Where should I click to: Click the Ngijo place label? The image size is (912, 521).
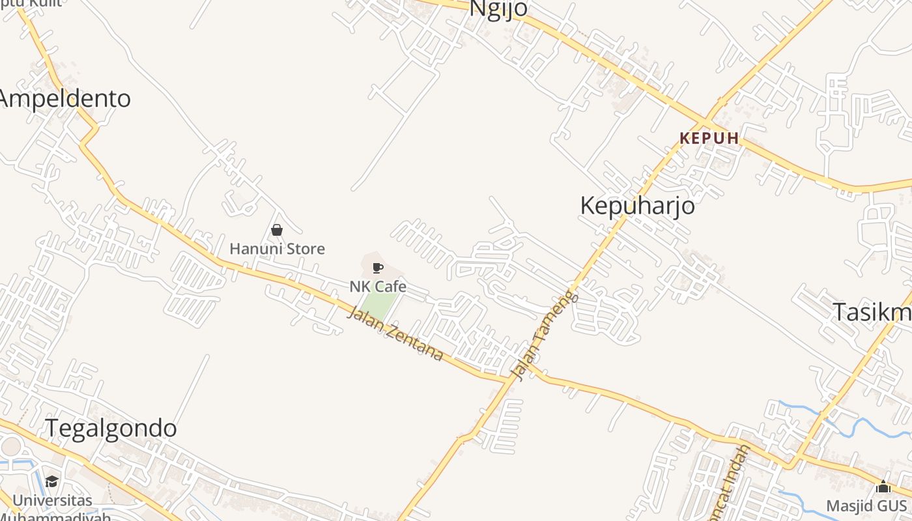(x=498, y=8)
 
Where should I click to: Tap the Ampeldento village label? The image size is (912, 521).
(x=65, y=99)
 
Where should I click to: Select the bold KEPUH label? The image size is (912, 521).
(x=709, y=138)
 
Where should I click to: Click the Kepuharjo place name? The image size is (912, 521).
(x=637, y=206)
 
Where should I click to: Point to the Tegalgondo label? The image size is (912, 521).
(x=111, y=429)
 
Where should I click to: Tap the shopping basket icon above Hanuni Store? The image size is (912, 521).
(x=277, y=230)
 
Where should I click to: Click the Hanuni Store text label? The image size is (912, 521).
(x=277, y=249)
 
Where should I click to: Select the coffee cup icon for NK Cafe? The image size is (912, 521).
(x=377, y=268)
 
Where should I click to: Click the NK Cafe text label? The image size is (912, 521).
(x=378, y=287)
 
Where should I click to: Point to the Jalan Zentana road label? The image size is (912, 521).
(x=395, y=334)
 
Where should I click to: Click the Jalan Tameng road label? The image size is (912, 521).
(x=545, y=335)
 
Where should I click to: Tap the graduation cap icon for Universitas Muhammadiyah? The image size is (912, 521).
(x=51, y=481)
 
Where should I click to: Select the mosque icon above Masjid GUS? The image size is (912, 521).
(x=883, y=486)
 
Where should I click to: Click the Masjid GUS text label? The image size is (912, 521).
(x=866, y=506)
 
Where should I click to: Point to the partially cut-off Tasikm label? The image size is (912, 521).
(x=873, y=313)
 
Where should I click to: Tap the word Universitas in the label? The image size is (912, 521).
(x=52, y=501)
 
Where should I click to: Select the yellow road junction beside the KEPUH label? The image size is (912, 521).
(x=705, y=122)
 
